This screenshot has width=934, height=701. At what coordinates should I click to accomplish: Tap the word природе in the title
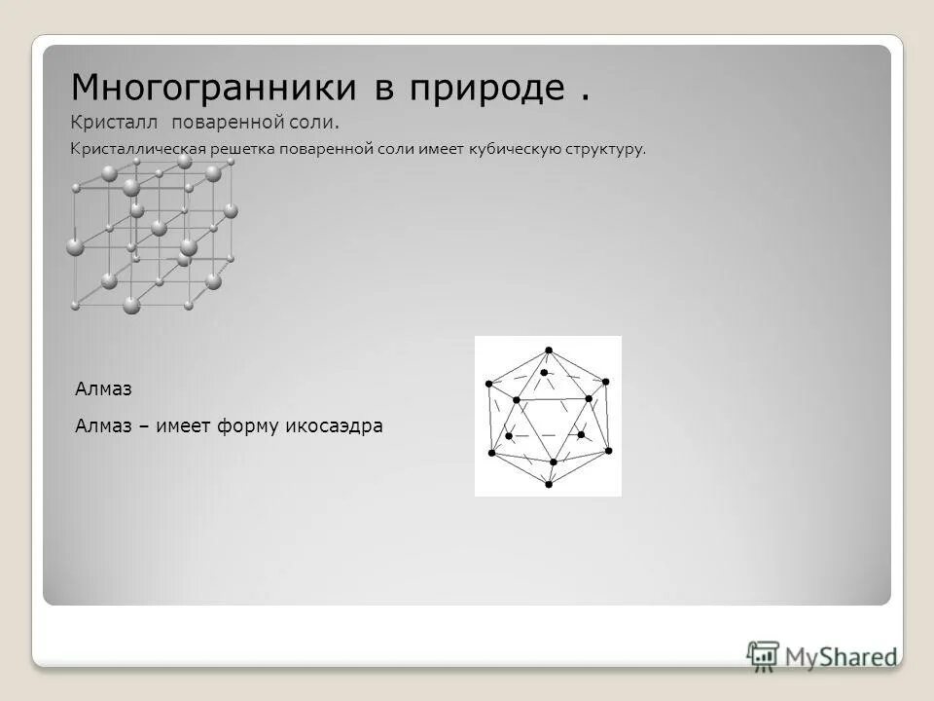coord(487,89)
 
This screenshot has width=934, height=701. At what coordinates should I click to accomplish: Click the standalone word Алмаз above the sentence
coord(102,388)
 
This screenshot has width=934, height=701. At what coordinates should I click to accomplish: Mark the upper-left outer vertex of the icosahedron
coord(488,386)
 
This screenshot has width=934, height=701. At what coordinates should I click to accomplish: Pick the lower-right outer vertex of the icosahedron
coord(609,451)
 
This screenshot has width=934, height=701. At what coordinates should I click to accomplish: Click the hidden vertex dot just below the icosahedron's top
coord(543,372)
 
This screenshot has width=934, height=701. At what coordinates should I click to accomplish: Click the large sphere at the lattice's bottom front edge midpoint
coord(132,306)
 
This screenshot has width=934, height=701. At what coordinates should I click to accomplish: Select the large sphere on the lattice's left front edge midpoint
coord(75,247)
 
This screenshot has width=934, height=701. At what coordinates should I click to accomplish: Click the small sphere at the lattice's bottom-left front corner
coord(75,306)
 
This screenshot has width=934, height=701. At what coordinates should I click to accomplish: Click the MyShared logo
coord(822,655)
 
